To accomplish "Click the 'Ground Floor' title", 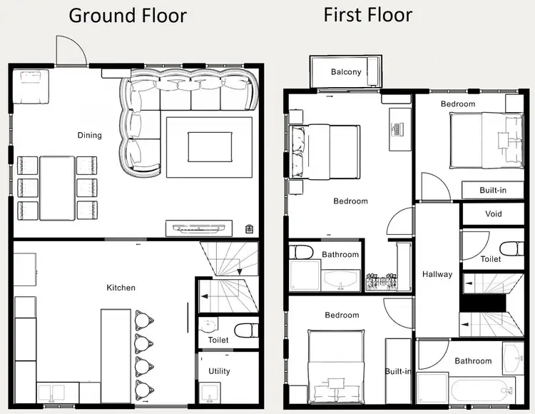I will click(x=128, y=16).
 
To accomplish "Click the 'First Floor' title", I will click(x=368, y=14).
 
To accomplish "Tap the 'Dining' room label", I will click(x=90, y=135).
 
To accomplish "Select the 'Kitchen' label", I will click(x=121, y=288).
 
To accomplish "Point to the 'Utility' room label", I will click(x=219, y=371).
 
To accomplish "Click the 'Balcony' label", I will click(x=346, y=72).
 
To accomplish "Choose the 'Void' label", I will click(x=493, y=213).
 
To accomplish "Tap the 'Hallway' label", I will click(x=437, y=274).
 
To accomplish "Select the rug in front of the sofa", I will click(x=208, y=147).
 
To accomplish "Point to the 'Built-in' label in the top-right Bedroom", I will click(x=493, y=190).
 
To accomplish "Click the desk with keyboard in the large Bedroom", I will click(x=399, y=129).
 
